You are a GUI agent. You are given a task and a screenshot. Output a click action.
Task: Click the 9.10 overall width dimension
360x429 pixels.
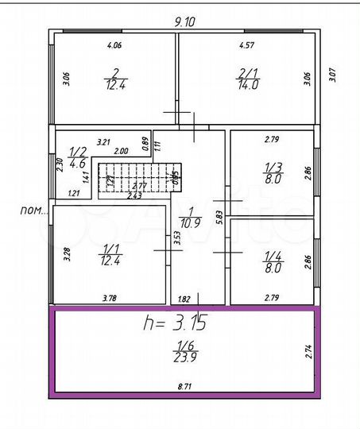(184, 21)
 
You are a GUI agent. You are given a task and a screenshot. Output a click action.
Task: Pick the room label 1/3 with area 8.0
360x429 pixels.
(273, 172)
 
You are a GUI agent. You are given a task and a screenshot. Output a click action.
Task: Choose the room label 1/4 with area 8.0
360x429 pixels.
(273, 262)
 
